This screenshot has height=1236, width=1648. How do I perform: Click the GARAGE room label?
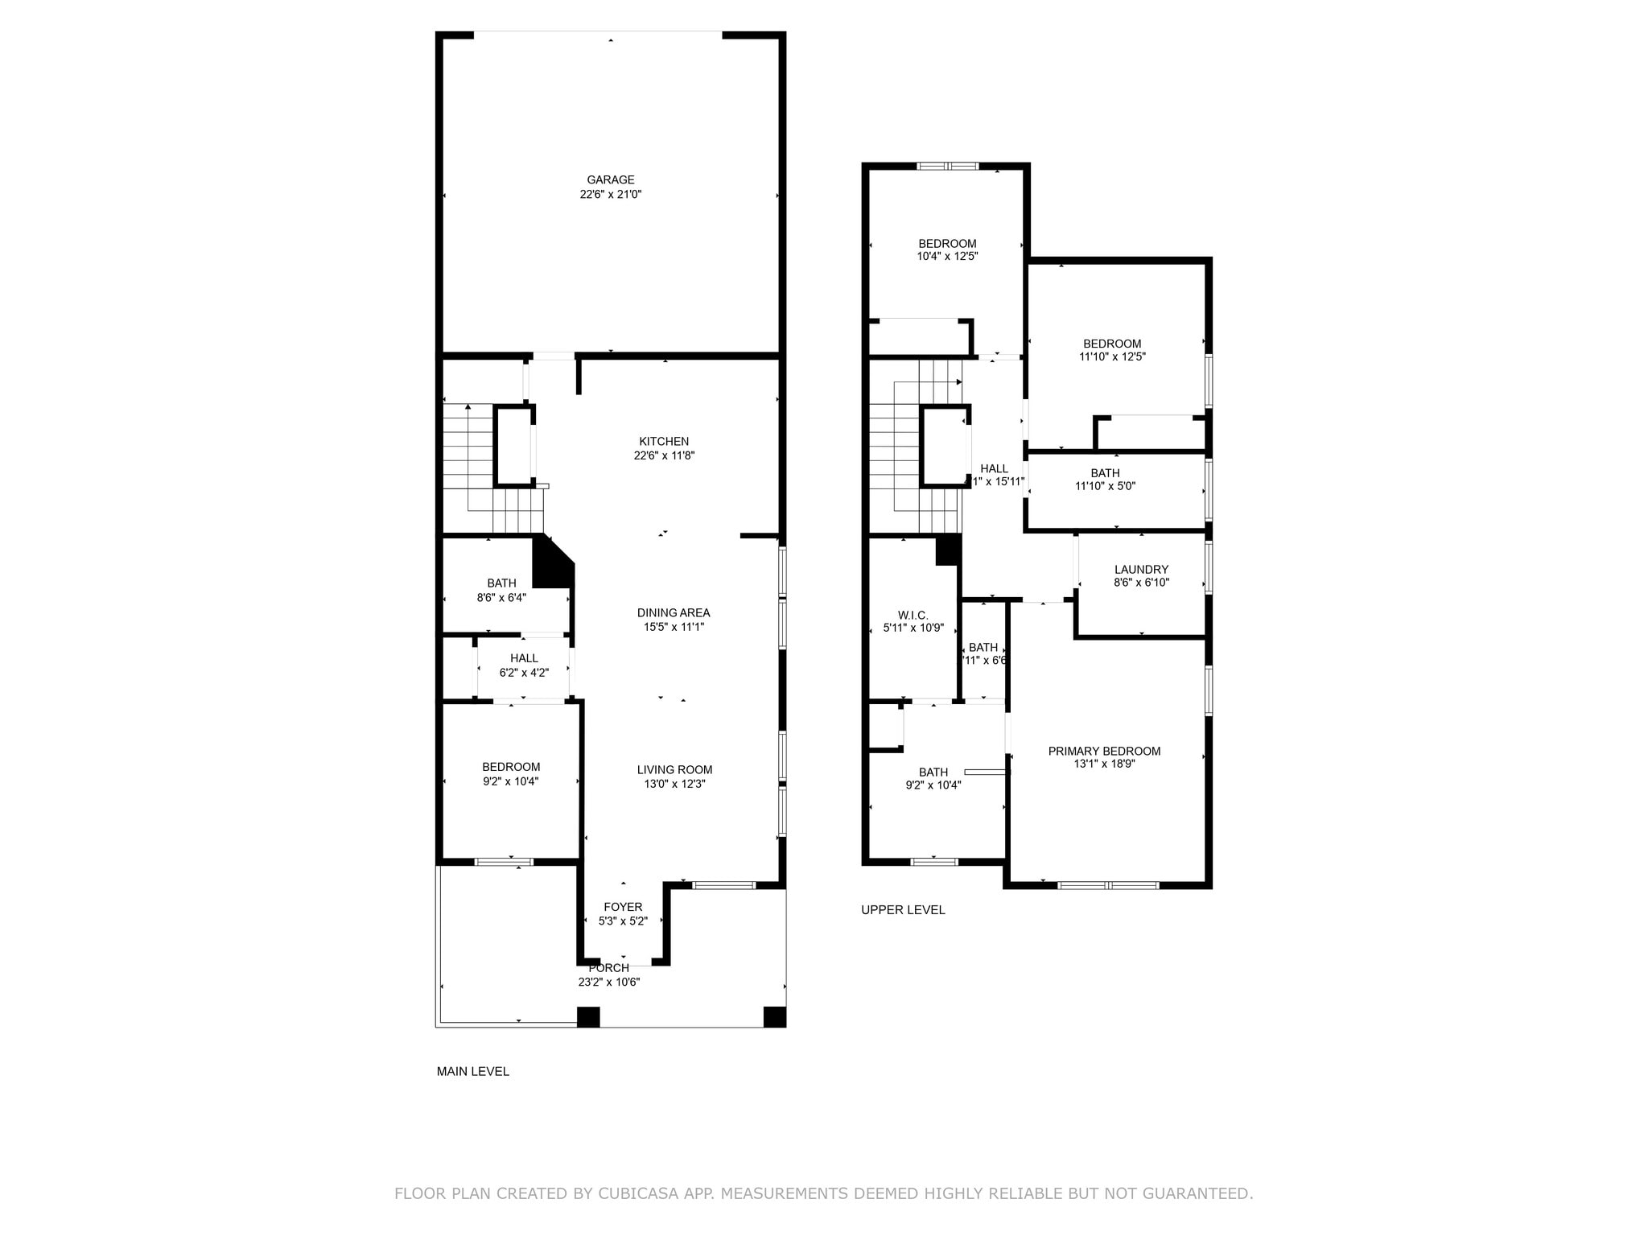pos(610,180)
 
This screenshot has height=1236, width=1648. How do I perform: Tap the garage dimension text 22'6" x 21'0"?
pos(610,195)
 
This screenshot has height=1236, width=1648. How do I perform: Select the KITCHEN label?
pos(664,442)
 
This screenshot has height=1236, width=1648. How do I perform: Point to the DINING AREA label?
pos(674,613)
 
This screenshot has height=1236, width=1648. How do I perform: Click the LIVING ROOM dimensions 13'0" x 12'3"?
pos(674,784)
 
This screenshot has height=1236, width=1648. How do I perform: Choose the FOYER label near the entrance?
pos(623,907)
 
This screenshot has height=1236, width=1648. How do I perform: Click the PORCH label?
pos(609,968)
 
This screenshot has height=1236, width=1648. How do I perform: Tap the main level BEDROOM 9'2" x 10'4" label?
pos(511,767)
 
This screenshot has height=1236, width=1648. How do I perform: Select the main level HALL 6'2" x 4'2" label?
pos(524,658)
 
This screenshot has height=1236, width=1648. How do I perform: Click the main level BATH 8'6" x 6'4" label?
pos(501,583)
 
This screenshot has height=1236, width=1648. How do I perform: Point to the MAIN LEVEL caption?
pos(472,1071)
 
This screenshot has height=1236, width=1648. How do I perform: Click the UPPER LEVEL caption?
pos(903,910)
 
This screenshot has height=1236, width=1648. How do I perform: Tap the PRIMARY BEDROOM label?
pos(1104,752)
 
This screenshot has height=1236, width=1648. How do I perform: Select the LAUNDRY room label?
pos(1141,570)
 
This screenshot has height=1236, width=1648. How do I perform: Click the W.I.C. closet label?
pos(913,616)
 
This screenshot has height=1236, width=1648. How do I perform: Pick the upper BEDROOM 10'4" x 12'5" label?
pos(947,244)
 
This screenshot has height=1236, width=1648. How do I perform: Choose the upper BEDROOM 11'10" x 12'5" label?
pos(1111,344)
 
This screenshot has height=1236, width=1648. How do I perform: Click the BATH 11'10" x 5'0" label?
pos(1105,473)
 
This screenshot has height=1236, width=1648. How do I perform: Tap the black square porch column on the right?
pos(774,1017)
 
